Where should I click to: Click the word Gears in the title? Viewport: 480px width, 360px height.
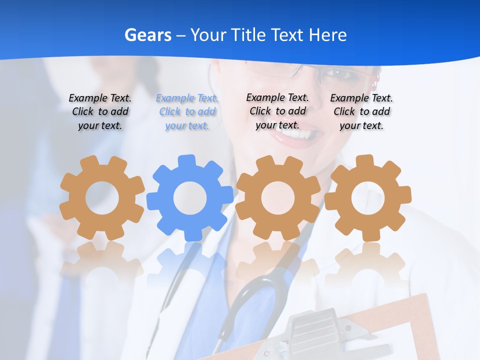click(147, 35)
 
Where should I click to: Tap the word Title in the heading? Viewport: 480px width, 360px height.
click(247, 35)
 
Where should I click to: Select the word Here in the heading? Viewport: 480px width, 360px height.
click(327, 35)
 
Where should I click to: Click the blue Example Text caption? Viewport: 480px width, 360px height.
click(187, 111)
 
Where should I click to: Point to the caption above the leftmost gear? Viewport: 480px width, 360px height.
click(100, 111)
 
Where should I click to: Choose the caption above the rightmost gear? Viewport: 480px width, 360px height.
click(361, 111)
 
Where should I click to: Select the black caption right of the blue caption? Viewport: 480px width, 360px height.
click(277, 111)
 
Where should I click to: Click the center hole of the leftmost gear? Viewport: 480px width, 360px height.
click(102, 198)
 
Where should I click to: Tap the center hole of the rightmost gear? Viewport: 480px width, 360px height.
click(368, 197)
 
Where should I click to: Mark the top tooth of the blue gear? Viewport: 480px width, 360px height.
click(186, 161)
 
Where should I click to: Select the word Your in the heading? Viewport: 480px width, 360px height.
click(209, 35)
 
